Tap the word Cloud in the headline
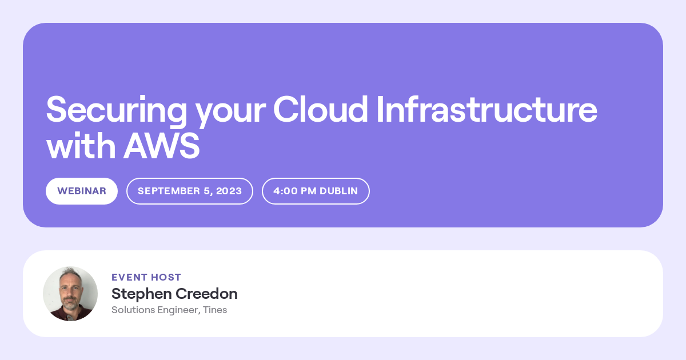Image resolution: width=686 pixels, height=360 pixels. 320,109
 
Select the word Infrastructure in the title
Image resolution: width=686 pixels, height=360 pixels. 487,109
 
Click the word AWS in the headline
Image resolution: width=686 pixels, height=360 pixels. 161,146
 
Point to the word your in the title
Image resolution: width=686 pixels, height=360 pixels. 230,114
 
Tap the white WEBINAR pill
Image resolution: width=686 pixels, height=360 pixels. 82,191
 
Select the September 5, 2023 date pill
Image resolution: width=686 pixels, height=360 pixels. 190,191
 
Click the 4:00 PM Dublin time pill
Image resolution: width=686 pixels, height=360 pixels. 316,191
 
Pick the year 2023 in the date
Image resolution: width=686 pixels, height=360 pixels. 229,191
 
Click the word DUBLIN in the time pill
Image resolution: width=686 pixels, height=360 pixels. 338,191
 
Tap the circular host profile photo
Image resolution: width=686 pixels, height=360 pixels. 70,294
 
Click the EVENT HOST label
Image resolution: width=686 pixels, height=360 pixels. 146,277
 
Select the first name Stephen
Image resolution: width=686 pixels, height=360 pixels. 142,294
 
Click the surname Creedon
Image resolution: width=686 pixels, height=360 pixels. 206,294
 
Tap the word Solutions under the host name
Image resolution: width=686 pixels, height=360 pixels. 133,310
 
